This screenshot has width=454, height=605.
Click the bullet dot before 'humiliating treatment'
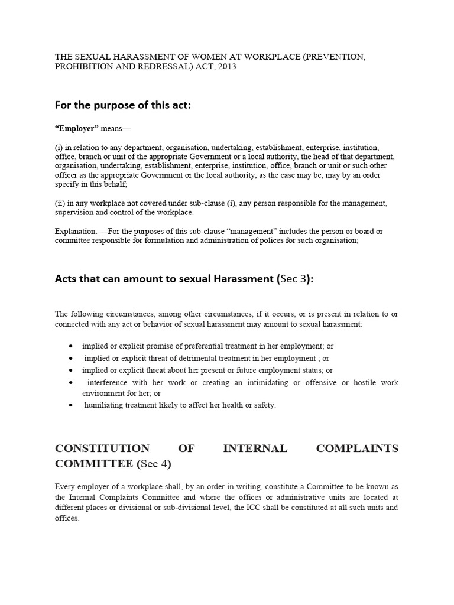[71, 405]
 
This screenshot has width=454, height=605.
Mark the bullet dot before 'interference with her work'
[71, 383]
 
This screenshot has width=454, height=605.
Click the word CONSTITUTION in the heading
[102, 448]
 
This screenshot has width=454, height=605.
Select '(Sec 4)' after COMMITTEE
[154, 464]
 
